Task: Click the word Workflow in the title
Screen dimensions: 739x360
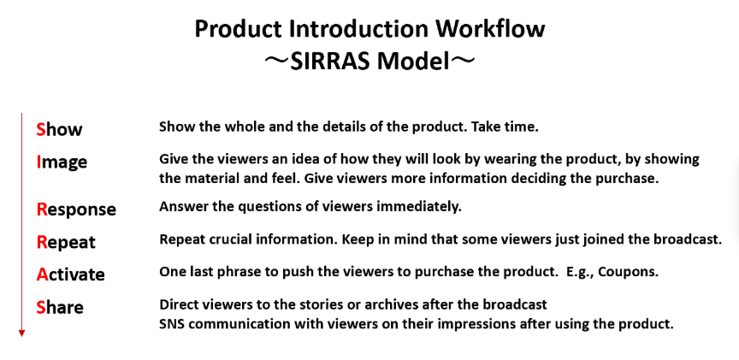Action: tap(490, 29)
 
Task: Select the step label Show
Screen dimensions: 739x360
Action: tap(59, 130)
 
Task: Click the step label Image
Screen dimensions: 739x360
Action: tap(62, 162)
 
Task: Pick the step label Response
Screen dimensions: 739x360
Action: tap(76, 210)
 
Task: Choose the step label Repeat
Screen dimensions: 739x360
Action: tap(66, 243)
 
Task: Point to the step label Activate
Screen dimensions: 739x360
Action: tap(71, 274)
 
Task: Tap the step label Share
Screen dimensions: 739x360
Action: tap(60, 307)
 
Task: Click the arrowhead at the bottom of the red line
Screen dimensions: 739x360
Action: tap(21, 333)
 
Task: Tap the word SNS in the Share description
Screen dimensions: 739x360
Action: tap(172, 324)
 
